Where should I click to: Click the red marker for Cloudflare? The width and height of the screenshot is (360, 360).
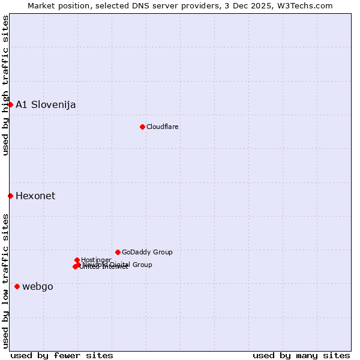[142, 127]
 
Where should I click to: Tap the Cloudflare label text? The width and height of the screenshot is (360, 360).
[163, 127]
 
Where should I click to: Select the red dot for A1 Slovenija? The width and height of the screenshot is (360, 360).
[10, 105]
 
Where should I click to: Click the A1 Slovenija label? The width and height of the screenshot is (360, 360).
[46, 105]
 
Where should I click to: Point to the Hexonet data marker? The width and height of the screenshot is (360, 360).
[10, 196]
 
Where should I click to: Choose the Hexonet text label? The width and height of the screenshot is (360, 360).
[35, 196]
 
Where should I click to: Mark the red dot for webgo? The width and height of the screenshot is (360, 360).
[17, 287]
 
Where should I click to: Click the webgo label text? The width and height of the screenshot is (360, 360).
[38, 287]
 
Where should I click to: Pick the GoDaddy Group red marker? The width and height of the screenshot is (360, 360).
[118, 252]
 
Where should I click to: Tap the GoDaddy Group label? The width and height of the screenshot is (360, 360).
[147, 253]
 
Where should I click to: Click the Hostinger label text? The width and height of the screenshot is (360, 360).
[96, 260]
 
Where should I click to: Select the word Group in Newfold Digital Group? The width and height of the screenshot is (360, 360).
[142, 265]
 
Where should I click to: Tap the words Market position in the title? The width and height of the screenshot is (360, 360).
[56, 6]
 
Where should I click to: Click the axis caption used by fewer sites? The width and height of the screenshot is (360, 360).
[62, 355]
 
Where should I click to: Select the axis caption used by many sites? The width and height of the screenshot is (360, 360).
[301, 355]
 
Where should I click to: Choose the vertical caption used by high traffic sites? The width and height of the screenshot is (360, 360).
[5, 86]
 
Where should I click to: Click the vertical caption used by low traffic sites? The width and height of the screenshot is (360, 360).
[5, 280]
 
